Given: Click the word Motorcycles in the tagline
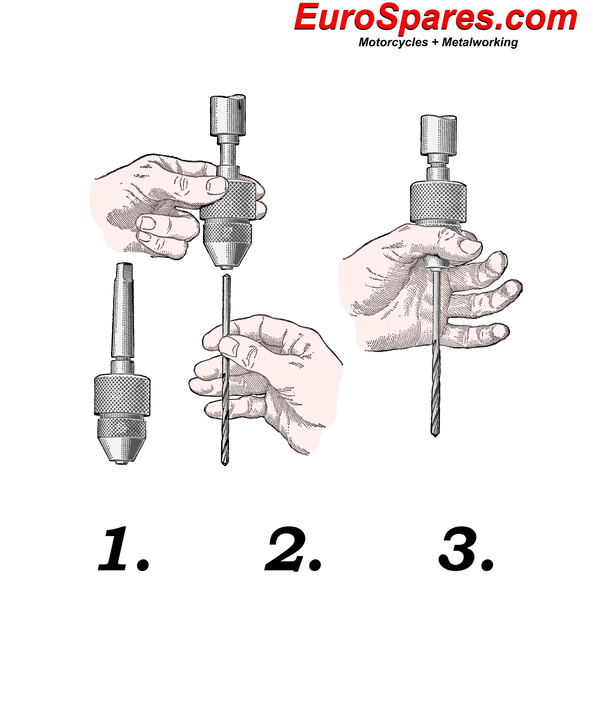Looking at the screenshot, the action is (x=393, y=42).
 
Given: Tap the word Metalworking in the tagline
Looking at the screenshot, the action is (x=480, y=42).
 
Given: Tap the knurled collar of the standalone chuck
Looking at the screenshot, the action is (x=122, y=395).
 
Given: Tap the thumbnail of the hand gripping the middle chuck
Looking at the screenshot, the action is (x=216, y=186).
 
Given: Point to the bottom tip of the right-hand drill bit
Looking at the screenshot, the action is (x=435, y=436).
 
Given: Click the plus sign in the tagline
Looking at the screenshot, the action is (x=435, y=43).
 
